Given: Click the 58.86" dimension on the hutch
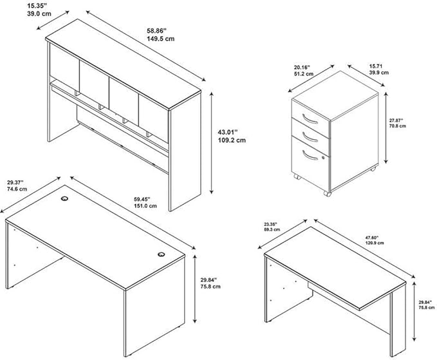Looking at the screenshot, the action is pyautogui.click(x=156, y=30).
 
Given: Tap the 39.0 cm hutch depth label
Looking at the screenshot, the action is pyautogui.click(x=39, y=14).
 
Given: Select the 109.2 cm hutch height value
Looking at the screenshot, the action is pyautogui.click(x=232, y=140).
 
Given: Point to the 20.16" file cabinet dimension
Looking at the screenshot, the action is pyautogui.click(x=302, y=67).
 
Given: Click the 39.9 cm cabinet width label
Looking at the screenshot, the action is pyautogui.click(x=378, y=73).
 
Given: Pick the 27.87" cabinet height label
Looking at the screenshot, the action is pyautogui.click(x=396, y=120).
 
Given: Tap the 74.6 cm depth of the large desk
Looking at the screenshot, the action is pyautogui.click(x=17, y=189).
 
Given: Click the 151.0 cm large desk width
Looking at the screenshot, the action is pyautogui.click(x=145, y=206).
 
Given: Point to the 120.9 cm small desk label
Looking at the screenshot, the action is pyautogui.click(x=375, y=243).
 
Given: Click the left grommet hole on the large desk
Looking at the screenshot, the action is pyautogui.click(x=64, y=198).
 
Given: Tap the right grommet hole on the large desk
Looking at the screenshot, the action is pyautogui.click(x=161, y=254).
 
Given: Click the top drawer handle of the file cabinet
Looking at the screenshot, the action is pyautogui.click(x=310, y=118).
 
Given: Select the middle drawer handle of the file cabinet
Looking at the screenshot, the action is pyautogui.click(x=310, y=137).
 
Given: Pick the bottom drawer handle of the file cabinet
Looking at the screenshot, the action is pyautogui.click(x=310, y=155).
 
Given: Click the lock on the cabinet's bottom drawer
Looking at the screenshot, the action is pyautogui.click(x=323, y=158).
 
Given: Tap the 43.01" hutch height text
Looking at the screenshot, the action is pyautogui.click(x=228, y=131).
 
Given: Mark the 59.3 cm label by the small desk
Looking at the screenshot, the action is pyautogui.click(x=272, y=229).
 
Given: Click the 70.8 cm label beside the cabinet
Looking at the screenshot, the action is pyautogui.click(x=398, y=126).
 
